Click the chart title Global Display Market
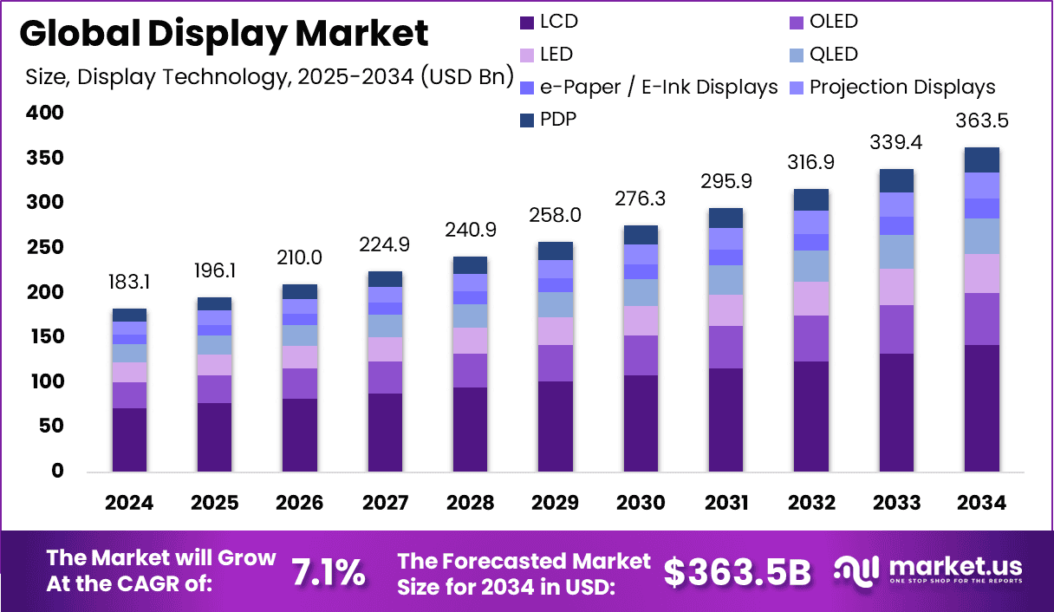coord(224,33)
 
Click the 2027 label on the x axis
coord(384,504)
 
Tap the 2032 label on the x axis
coord(811,504)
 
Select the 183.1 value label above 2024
coord(129,283)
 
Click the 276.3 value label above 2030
coord(641,199)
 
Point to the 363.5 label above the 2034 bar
coord(982,120)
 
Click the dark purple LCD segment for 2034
coord(982,407)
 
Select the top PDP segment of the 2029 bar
coord(555,251)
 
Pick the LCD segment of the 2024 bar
coord(129,439)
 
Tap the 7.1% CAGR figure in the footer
coord(328,572)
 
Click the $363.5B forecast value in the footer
coord(737,572)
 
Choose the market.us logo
coord(928,571)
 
